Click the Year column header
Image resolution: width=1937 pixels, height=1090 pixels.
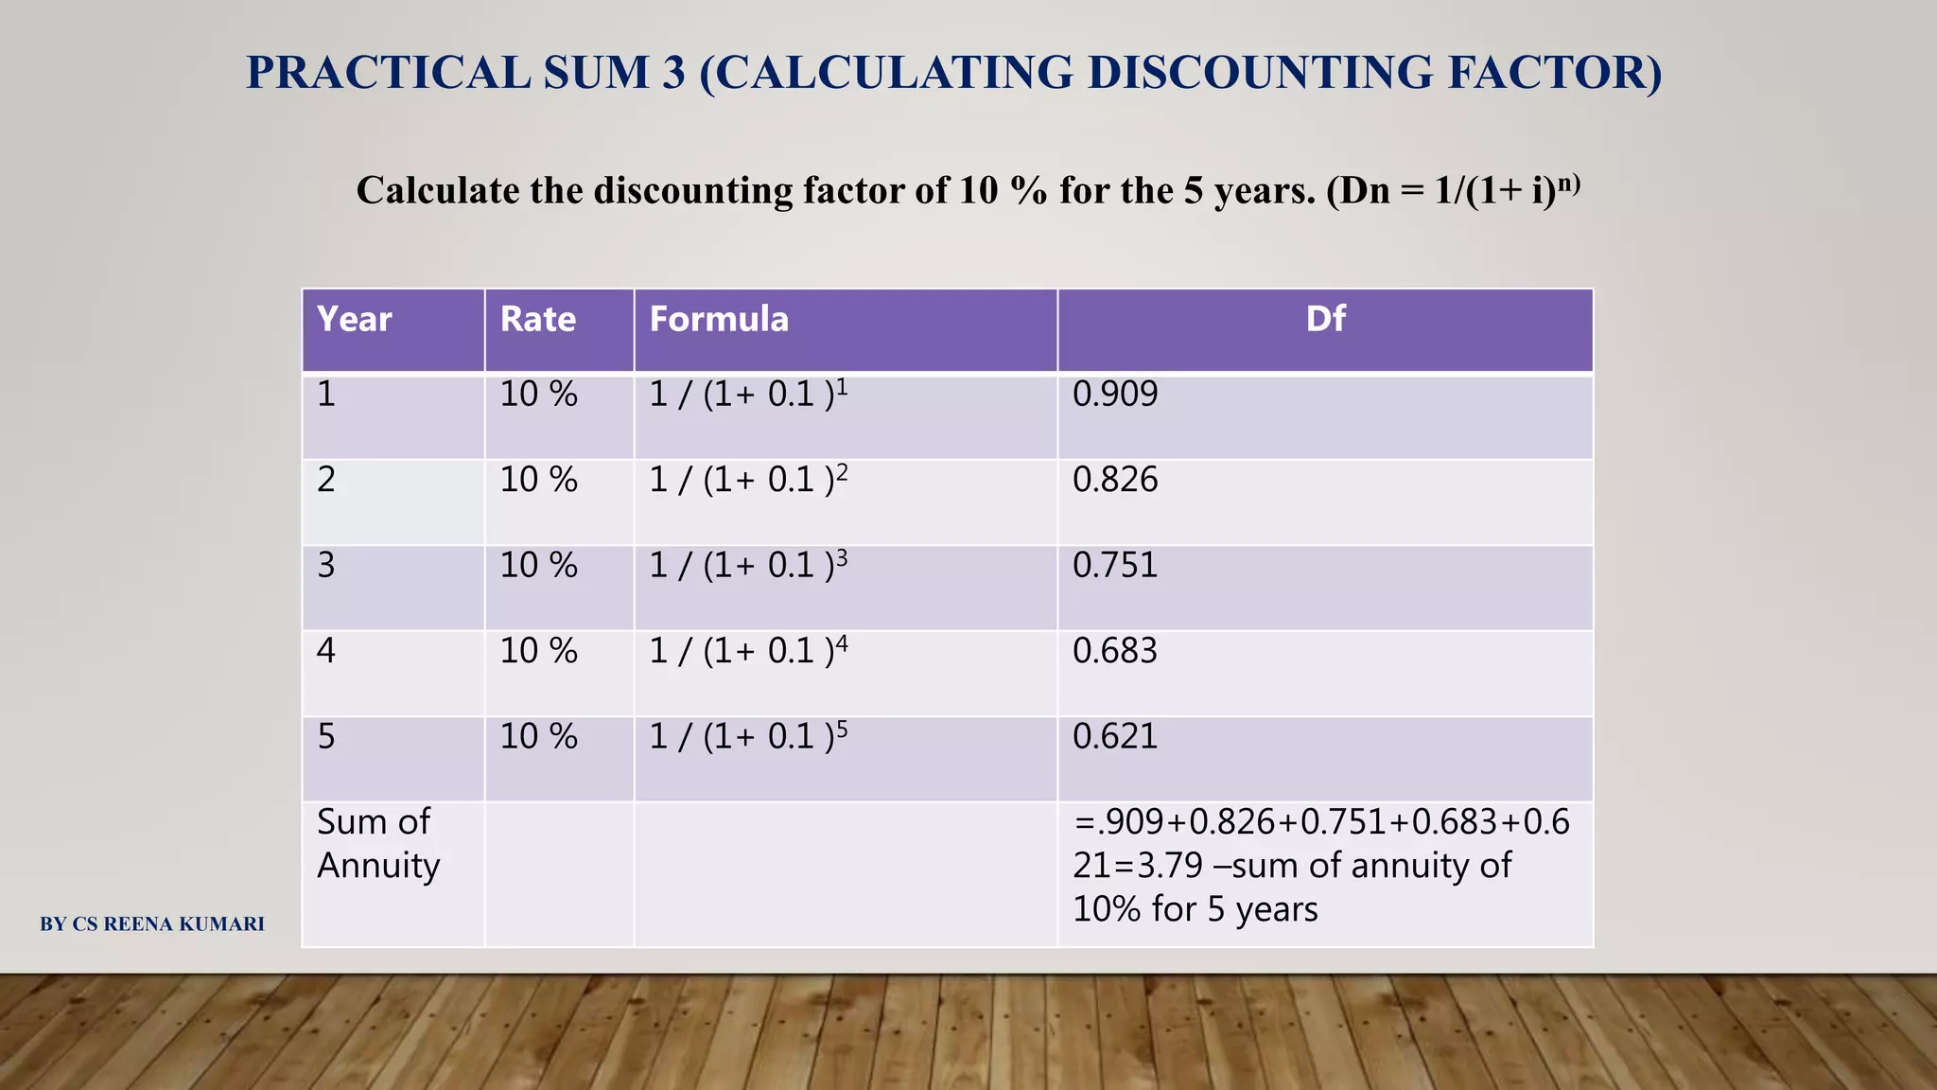[354, 320]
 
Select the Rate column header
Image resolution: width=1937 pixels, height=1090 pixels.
[537, 320]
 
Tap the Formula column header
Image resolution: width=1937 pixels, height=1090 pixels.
[719, 320]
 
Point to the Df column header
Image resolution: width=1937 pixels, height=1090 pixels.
[1325, 319]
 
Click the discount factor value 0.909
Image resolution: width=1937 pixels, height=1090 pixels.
[1114, 395]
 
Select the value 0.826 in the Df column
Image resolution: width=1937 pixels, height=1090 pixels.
[1114, 481]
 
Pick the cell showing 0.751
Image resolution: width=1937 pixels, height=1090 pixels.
[1114, 566]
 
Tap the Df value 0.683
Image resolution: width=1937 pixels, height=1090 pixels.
[1114, 651]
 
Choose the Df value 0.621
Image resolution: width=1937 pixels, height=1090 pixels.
[1114, 737]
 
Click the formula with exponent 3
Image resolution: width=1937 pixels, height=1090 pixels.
[747, 566]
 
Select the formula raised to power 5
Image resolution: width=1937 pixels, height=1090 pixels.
[747, 737]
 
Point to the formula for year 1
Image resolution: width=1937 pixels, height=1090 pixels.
[747, 395]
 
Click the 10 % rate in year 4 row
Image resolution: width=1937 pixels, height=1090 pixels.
[538, 651]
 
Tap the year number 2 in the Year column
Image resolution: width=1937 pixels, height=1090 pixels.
[326, 481]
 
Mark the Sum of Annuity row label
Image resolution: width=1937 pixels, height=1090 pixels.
[378, 844]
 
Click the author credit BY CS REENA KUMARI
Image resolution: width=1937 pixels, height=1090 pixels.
[152, 924]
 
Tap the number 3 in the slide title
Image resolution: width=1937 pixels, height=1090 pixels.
[673, 73]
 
